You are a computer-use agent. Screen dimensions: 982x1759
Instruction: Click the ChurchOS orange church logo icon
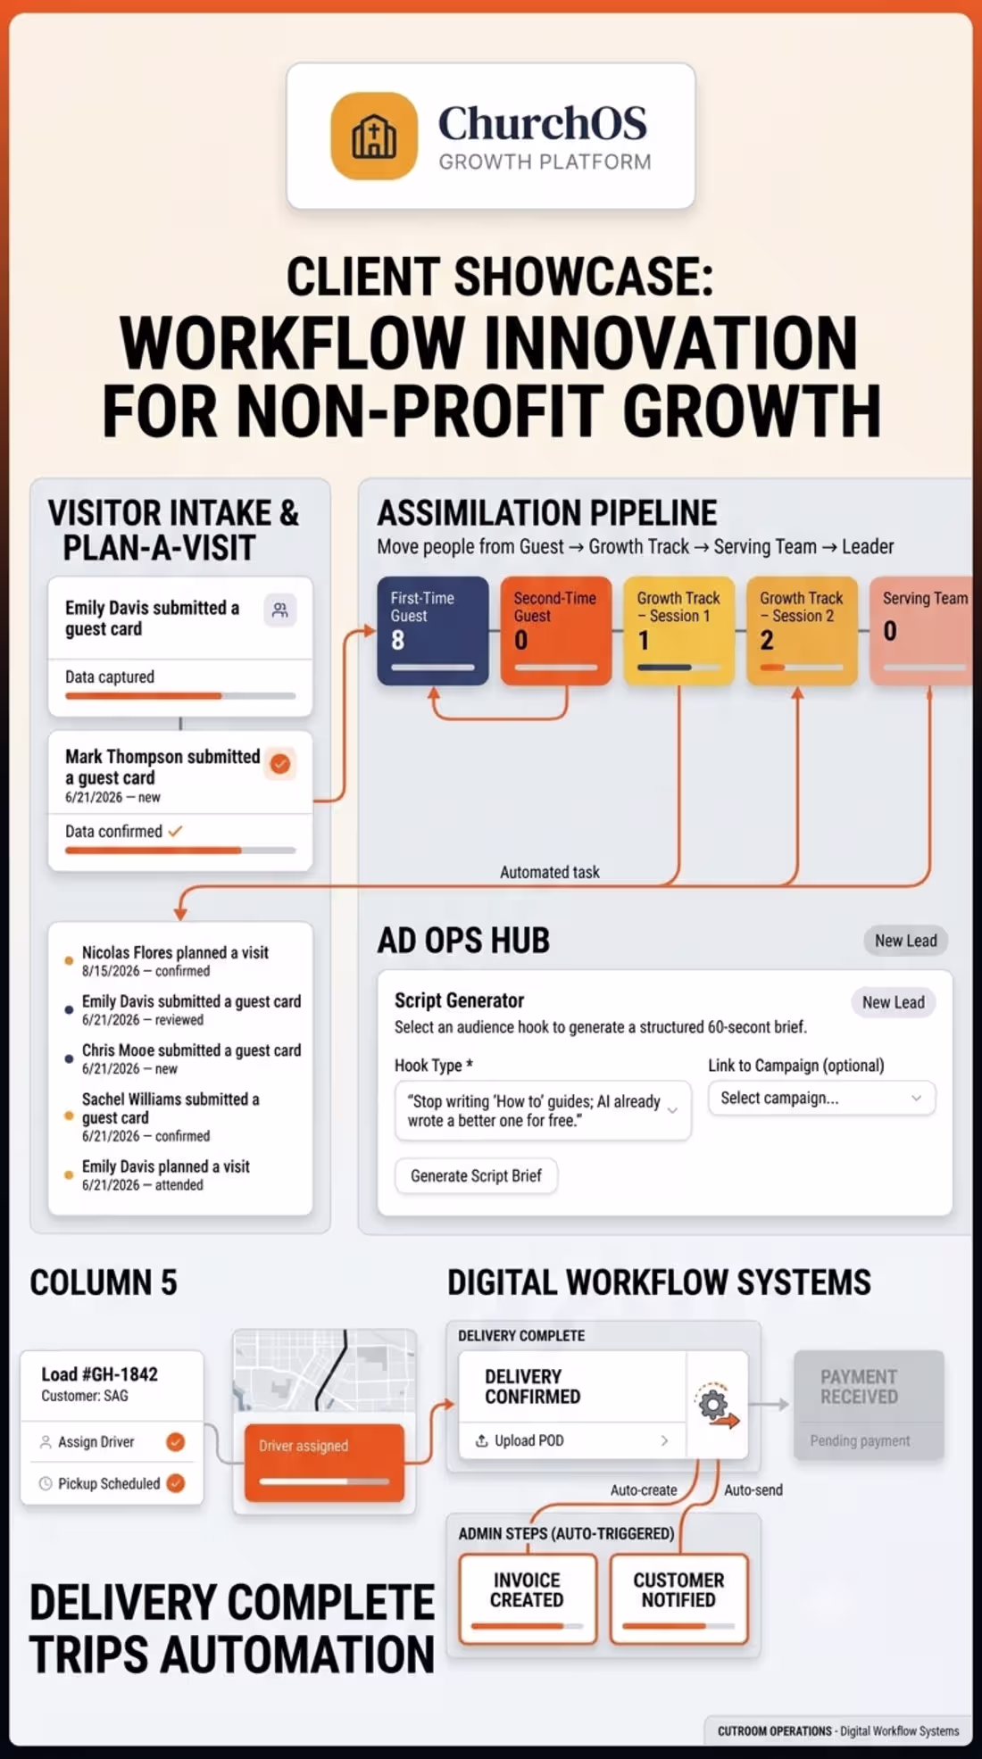374,136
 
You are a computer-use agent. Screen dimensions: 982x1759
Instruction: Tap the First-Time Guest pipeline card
433,631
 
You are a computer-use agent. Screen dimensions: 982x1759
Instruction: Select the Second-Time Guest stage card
556,631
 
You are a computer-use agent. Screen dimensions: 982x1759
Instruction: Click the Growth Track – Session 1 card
679,631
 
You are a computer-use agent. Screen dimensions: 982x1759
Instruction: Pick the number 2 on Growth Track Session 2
767,640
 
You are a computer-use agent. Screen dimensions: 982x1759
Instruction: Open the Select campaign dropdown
821,1098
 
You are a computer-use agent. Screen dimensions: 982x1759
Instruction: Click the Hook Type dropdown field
543,1110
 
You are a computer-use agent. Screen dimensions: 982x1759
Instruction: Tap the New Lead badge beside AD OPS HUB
905,941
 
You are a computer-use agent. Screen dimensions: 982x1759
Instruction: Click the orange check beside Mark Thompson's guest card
280,764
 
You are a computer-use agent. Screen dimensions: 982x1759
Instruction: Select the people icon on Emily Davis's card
280,610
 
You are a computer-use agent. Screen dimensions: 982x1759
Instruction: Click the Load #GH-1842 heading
99,1374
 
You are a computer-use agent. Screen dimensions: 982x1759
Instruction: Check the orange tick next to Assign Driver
176,1442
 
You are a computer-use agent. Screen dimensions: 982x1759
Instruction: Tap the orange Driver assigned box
324,1462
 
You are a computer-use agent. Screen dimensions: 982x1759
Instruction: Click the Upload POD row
572,1440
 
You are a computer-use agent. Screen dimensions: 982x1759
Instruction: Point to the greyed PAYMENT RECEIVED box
869,1406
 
